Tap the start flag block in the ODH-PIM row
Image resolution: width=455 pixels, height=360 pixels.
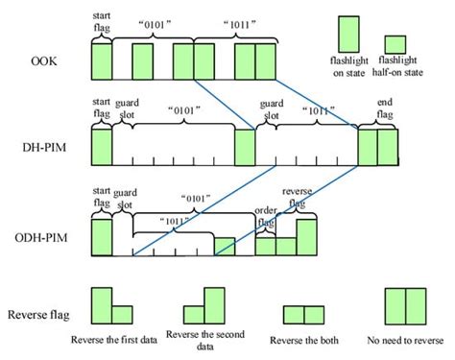click(102, 236)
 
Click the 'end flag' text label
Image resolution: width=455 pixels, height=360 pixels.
click(379, 110)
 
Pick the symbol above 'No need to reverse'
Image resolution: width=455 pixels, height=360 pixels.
click(404, 305)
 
